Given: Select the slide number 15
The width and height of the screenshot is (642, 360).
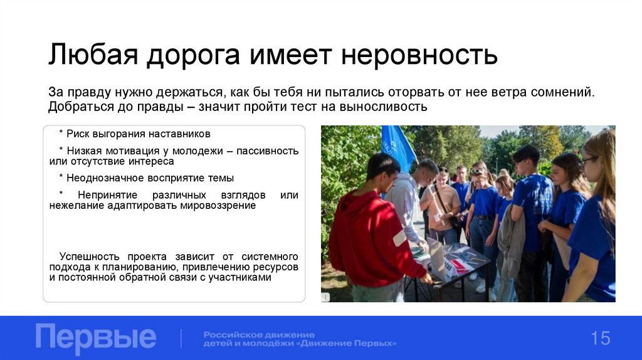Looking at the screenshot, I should coord(599,339).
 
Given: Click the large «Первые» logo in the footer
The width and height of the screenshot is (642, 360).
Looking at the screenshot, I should coord(96,338).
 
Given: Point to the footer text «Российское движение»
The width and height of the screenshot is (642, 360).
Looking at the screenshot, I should coord(259,334).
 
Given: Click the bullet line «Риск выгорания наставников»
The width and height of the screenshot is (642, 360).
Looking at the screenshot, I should coord(135,134).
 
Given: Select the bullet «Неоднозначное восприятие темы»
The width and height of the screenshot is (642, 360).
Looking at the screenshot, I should coord(146,177).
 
